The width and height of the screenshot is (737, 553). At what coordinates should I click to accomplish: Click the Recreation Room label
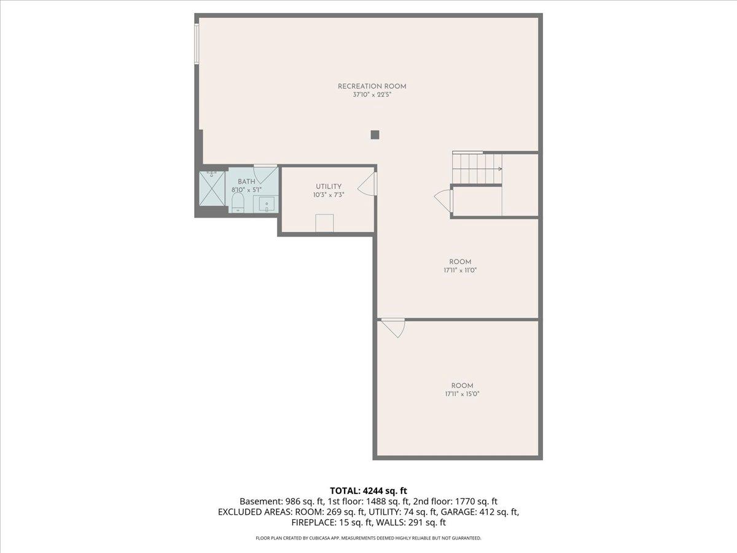pyautogui.click(x=372, y=86)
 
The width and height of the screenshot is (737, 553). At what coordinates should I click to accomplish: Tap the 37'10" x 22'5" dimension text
pyautogui.click(x=372, y=95)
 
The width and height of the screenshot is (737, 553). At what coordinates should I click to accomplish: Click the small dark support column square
pyautogui.click(x=375, y=135)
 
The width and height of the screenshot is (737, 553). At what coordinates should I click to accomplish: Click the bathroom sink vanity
pyautogui.click(x=266, y=203)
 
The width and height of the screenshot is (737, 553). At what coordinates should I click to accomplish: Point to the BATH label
pyautogui.click(x=246, y=182)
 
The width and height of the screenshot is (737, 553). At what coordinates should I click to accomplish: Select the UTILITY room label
pyautogui.click(x=329, y=187)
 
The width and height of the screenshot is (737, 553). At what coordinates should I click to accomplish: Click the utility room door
pyautogui.click(x=368, y=183)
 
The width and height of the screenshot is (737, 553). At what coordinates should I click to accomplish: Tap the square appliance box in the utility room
pyautogui.click(x=324, y=222)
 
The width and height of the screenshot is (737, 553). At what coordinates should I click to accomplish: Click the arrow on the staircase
pyautogui.click(x=500, y=169)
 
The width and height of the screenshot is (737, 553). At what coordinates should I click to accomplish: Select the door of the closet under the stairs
pyautogui.click(x=444, y=200)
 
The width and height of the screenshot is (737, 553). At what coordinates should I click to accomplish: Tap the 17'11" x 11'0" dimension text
pyautogui.click(x=459, y=270)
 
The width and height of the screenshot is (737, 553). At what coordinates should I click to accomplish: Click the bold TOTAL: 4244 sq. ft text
pyautogui.click(x=368, y=490)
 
